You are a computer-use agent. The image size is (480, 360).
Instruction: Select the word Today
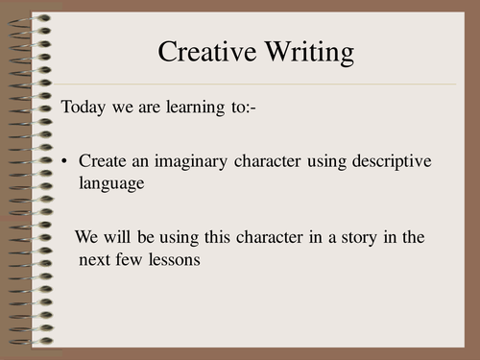point(82,107)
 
